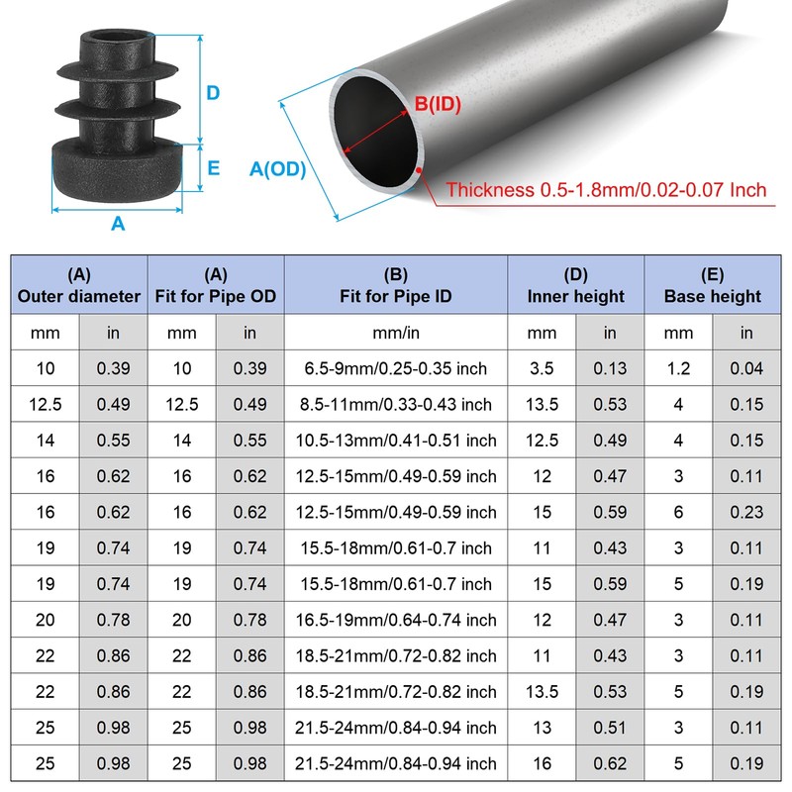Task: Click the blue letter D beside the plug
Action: click(213, 93)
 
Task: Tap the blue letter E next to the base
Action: click(214, 168)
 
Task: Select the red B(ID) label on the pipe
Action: click(438, 104)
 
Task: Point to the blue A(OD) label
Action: click(278, 168)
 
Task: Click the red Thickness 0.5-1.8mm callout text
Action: click(606, 190)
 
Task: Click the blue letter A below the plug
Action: click(118, 224)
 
